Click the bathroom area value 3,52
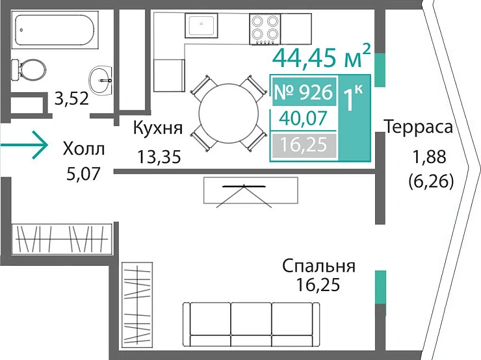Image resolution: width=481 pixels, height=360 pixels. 71,99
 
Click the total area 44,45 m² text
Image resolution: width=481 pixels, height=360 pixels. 322,57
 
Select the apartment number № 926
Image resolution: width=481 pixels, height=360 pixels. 303,93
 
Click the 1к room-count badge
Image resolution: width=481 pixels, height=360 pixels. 354,99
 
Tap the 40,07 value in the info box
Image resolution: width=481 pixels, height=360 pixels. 304,118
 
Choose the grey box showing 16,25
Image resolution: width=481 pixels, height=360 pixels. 304,144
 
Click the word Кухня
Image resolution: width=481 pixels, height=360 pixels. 157,127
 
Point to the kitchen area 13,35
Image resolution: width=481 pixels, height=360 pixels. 159,156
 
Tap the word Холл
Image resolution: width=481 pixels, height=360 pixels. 83,149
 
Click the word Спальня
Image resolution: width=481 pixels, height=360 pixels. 318,266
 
